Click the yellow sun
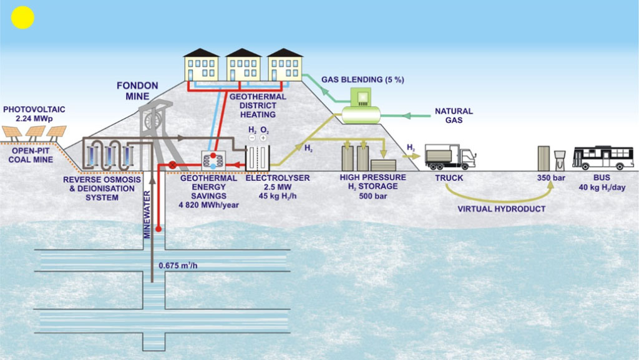pyautogui.click(x=22, y=17)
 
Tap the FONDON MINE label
pyautogui.click(x=137, y=90)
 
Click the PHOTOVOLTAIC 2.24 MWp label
pyautogui.click(x=34, y=114)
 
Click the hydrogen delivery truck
pyautogui.click(x=450, y=157)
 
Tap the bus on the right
pyautogui.click(x=603, y=157)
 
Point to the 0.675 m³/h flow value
pyautogui.click(x=182, y=265)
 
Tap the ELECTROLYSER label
pyautogui.click(x=269, y=178)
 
